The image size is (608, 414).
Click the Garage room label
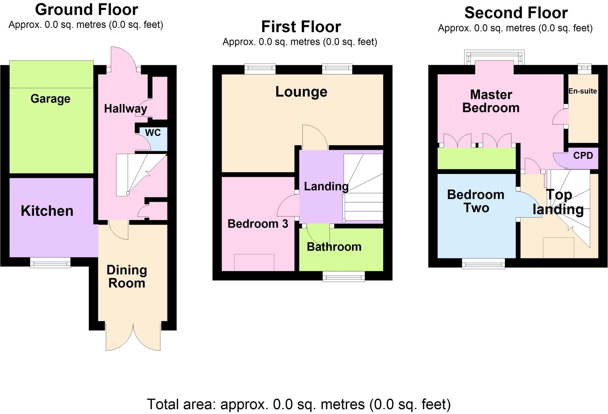50,99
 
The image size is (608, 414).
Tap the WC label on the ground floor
153,133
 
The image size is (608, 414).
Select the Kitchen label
47,211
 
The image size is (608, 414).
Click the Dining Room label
127,276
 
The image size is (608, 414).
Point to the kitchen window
50,262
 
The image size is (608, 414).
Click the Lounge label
301,92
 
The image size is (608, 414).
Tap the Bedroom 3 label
258,224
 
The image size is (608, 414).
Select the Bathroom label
334,247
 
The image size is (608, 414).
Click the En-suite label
582,91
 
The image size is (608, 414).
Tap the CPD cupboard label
583,156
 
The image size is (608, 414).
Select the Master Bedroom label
491,101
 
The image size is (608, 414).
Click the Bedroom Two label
476,201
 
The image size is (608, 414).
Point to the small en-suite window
584,69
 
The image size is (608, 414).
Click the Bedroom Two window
483,263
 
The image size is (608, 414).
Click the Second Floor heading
516,13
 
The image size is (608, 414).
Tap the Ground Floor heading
86,10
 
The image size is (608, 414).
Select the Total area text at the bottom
299,405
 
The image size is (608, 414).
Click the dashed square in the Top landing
558,248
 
